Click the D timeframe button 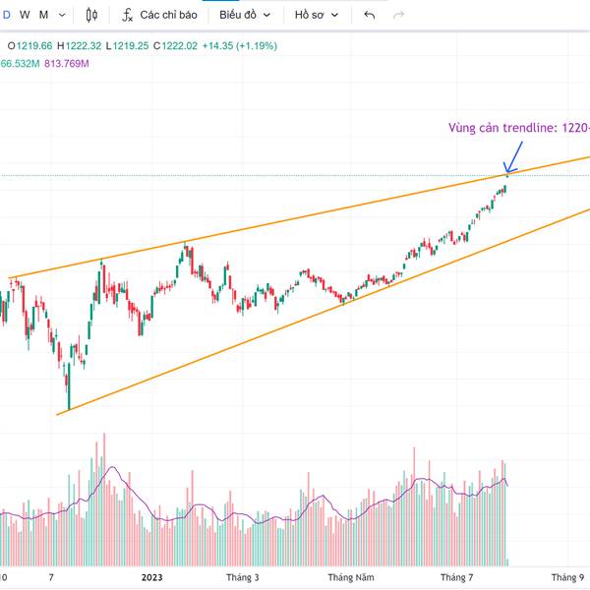pos(8,15)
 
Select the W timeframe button pos(25,15)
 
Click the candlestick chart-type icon pos(92,15)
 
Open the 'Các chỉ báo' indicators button pos(159,15)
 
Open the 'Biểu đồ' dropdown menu pos(243,15)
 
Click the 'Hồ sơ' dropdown pos(316,15)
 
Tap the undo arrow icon pos(370,15)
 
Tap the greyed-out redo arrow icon pos(398,15)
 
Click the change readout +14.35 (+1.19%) pos(240,46)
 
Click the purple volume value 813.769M pos(67,64)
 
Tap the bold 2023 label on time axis pos(151,578)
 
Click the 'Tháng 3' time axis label pos(242,578)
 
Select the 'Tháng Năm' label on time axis pos(351,578)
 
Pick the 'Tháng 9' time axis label pos(567,578)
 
